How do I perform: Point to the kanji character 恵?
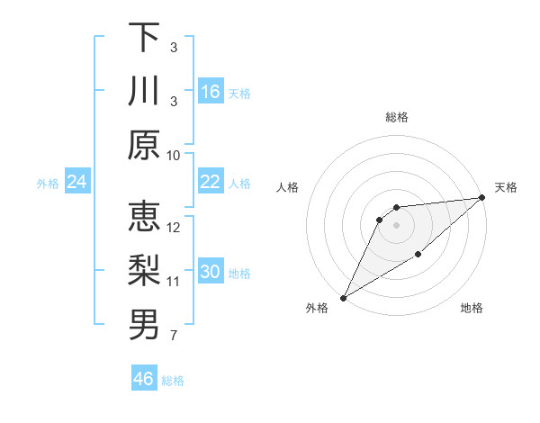point(144,218)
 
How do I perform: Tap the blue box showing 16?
point(211,91)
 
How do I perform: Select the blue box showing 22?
point(211,182)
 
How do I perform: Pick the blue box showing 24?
point(76,183)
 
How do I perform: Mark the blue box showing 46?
point(144,379)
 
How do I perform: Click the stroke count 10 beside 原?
point(174,155)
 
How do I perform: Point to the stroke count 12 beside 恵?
point(174,227)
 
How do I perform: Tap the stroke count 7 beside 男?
point(174,337)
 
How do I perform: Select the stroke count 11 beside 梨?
point(174,282)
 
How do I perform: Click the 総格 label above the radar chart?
point(396,117)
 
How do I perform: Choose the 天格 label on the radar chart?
point(507,187)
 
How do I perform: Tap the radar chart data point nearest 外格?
point(342,298)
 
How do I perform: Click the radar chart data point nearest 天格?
point(482,198)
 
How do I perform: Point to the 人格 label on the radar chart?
point(287,187)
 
